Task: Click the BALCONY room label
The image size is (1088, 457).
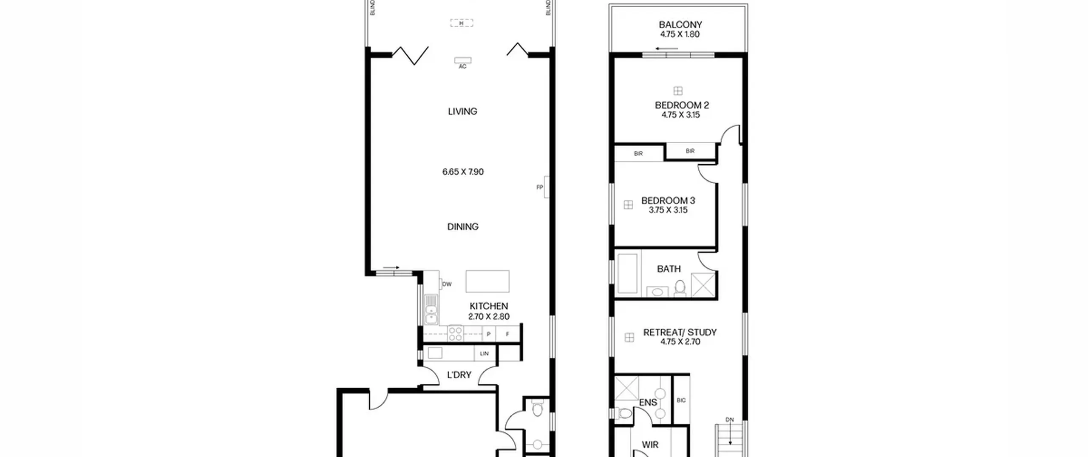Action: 680,25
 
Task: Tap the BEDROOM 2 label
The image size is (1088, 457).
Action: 682,105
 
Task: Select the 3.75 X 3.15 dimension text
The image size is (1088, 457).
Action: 668,210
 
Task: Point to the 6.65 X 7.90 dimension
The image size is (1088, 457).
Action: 463,172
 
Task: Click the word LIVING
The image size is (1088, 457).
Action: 462,111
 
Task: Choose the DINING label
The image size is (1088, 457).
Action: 463,227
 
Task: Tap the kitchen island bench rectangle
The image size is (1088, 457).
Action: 487,281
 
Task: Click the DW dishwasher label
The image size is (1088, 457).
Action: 447,284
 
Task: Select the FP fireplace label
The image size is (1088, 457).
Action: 540,187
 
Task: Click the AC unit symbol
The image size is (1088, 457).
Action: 462,60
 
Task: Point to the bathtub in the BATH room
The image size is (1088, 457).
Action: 627,273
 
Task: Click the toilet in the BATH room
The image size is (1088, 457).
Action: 680,287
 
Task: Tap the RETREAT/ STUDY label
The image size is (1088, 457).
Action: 680,332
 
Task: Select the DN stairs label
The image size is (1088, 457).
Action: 729,420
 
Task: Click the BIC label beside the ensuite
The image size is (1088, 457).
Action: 681,400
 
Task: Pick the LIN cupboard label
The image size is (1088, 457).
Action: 484,353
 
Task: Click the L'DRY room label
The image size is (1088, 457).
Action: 459,375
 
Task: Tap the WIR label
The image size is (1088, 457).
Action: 650,445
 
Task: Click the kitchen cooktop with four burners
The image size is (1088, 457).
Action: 455,333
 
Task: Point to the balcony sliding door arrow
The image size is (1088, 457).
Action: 666,48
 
